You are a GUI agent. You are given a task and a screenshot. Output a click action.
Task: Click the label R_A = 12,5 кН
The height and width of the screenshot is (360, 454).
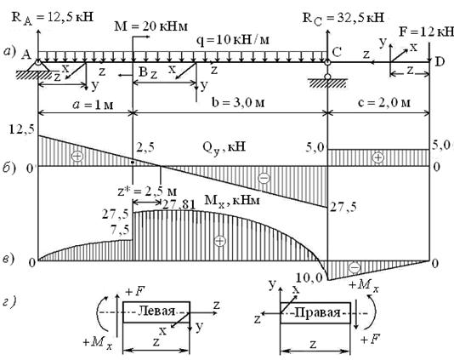(x=53, y=18)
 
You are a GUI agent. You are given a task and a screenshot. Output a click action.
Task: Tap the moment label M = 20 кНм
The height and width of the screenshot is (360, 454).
(x=151, y=26)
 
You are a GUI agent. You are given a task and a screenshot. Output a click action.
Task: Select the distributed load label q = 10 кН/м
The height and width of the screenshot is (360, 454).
(x=233, y=40)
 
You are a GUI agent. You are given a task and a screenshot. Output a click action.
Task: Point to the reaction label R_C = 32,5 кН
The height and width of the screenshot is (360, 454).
(x=343, y=19)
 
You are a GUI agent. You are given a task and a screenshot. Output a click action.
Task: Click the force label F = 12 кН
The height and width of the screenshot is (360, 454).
(x=426, y=31)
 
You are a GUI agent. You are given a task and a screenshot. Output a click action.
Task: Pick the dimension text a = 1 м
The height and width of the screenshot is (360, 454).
(x=93, y=105)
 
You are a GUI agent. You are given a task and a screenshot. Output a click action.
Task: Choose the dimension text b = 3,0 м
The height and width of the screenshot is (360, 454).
(x=238, y=103)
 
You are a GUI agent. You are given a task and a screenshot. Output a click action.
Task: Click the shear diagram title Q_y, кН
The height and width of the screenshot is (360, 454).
(x=224, y=147)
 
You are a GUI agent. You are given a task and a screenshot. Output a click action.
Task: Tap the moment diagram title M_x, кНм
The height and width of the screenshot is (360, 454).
(x=232, y=200)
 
